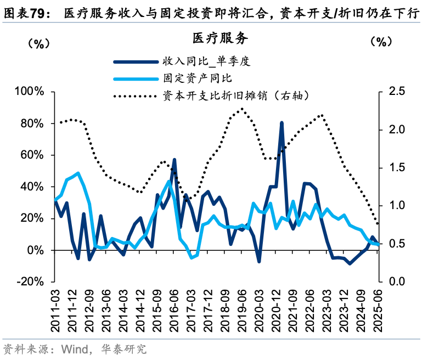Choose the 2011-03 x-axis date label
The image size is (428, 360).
click(x=56, y=311)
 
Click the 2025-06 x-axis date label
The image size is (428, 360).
click(x=378, y=311)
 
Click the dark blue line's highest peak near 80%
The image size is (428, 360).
click(x=281, y=123)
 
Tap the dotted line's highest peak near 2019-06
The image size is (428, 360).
click(x=242, y=108)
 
